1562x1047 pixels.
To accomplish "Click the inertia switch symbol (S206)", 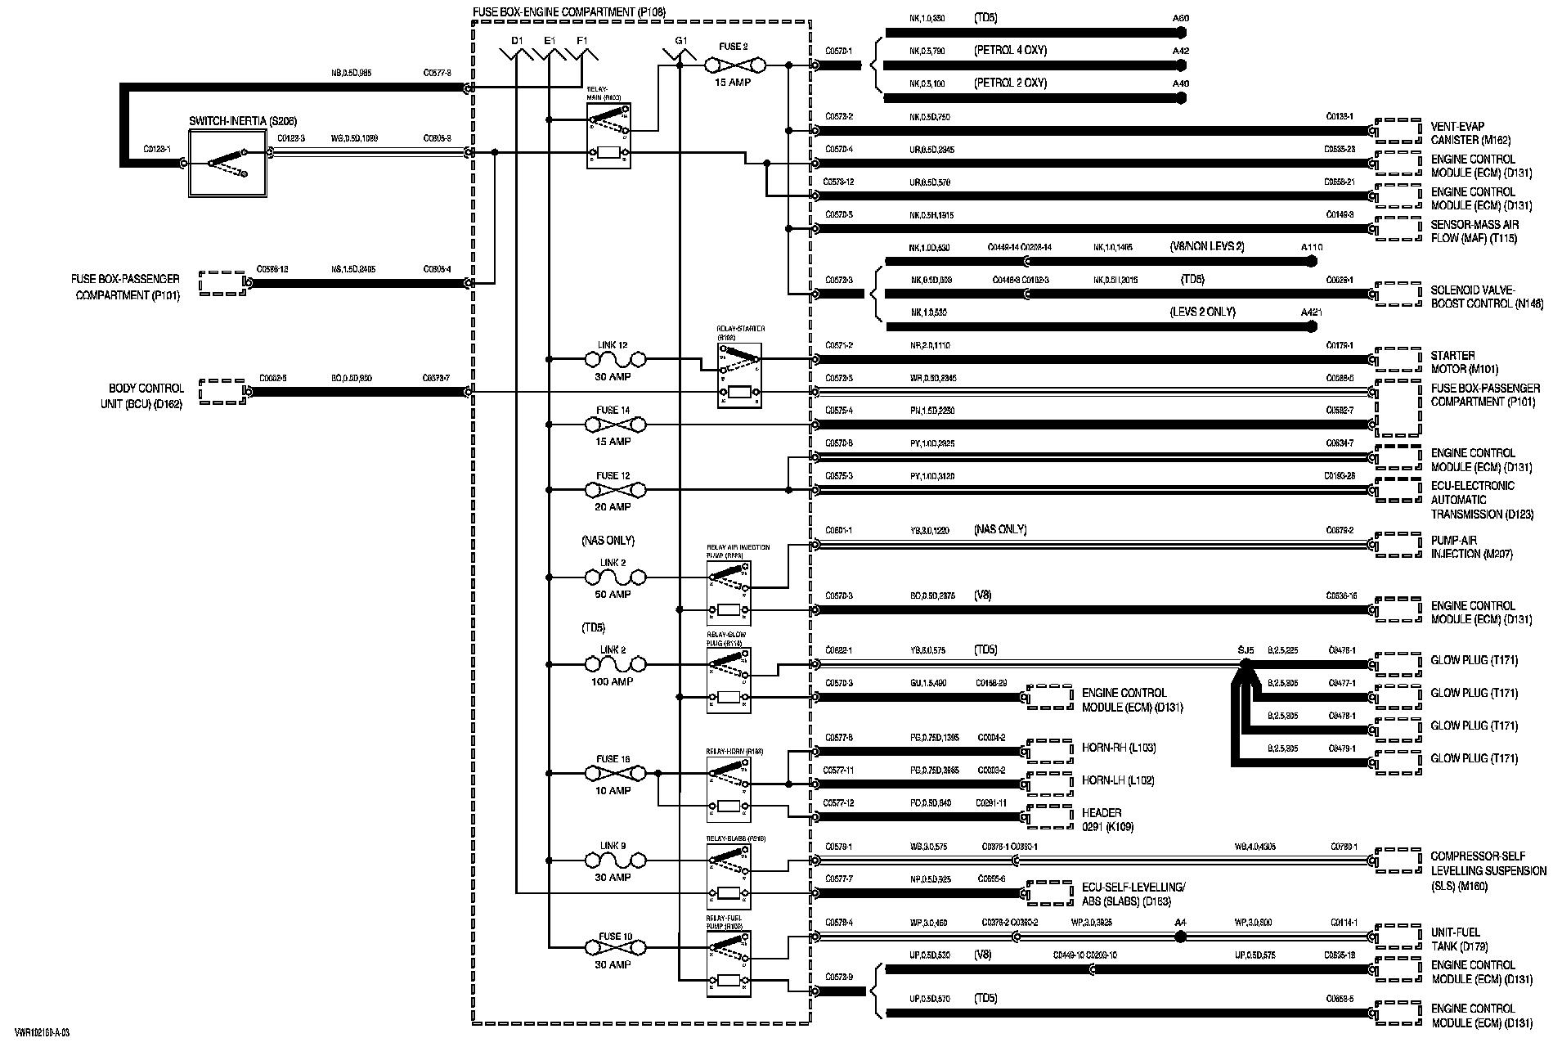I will tap(227, 163).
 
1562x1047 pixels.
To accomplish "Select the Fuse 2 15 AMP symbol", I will tap(734, 64).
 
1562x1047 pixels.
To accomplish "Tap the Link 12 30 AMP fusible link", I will tap(615, 359).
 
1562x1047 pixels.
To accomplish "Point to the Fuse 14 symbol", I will tap(615, 425).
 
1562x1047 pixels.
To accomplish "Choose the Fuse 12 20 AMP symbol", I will tap(615, 490).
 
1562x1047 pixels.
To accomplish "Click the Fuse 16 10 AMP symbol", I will tap(615, 773).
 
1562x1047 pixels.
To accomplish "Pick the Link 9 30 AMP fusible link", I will tap(615, 861).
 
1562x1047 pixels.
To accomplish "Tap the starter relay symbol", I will tap(739, 375).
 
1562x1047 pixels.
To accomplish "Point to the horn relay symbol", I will tap(729, 789).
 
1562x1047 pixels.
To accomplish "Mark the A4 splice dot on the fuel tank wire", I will tap(1180, 937).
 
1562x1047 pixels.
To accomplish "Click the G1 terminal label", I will tap(680, 40).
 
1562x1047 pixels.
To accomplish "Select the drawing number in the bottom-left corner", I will tap(42, 1032).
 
